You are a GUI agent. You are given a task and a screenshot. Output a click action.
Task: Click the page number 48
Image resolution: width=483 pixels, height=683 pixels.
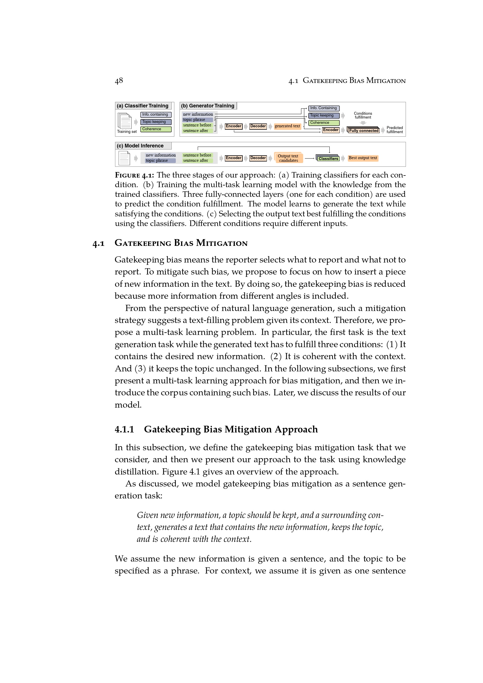click(119, 81)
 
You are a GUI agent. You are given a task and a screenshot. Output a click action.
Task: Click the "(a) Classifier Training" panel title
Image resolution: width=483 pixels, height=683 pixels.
click(143, 106)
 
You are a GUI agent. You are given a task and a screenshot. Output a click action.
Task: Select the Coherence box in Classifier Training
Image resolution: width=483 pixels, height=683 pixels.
click(156, 129)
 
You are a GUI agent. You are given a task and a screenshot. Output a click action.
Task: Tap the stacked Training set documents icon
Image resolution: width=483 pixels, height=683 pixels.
click(125, 121)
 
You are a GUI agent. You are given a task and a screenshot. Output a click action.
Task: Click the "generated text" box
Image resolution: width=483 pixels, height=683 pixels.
click(287, 126)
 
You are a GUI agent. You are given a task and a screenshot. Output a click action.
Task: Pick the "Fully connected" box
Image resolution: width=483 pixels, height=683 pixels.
click(364, 130)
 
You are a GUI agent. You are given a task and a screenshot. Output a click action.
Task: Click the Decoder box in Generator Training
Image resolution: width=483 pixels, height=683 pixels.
click(258, 126)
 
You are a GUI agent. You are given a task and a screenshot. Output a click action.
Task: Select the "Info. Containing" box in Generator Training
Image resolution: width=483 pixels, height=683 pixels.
click(324, 108)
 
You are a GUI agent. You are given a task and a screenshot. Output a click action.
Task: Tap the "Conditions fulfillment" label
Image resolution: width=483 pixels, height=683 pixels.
click(363, 115)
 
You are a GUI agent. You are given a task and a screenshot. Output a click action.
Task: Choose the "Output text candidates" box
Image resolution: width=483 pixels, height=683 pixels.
click(288, 158)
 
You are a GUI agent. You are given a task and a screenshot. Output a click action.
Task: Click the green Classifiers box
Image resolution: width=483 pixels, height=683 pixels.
click(328, 159)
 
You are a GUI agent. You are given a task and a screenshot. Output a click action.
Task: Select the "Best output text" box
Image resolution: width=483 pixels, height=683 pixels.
click(363, 158)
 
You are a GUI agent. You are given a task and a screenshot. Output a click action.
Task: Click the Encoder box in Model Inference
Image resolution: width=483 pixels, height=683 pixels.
click(234, 158)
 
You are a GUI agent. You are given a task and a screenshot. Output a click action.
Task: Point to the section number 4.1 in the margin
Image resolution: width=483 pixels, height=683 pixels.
click(98, 244)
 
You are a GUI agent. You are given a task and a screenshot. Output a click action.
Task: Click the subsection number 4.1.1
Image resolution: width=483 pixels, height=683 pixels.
click(124, 429)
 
